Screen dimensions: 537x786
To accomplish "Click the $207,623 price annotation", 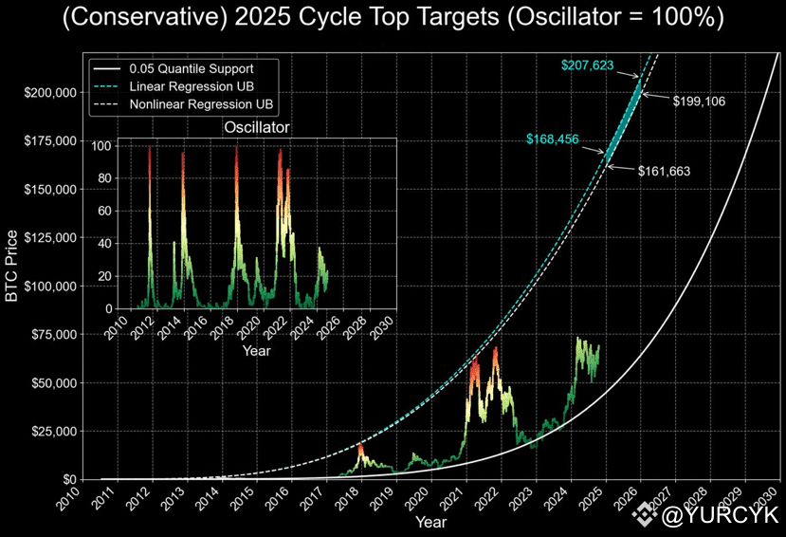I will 588,65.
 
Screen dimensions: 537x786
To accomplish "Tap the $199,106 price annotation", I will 699,101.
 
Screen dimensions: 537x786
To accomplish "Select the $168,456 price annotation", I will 552,140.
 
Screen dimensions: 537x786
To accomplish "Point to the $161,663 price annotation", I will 664,172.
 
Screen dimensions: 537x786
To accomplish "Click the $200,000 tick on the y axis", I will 50,93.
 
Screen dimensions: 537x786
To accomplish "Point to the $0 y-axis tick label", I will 68,479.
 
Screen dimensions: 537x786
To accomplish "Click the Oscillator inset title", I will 256,127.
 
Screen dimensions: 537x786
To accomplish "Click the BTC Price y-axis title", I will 12,266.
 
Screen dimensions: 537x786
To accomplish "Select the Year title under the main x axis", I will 430,522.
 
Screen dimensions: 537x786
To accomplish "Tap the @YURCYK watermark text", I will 720,516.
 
